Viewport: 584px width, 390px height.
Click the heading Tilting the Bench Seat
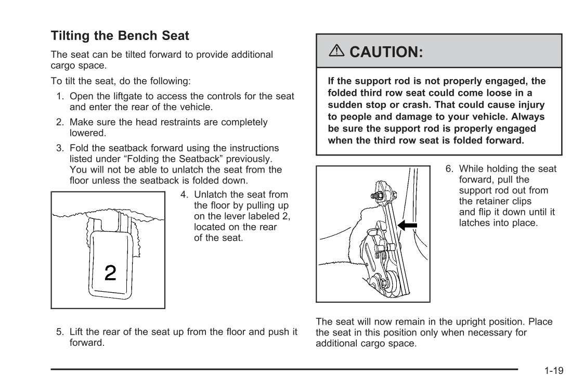click(120, 36)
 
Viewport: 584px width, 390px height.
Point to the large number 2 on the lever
click(110, 272)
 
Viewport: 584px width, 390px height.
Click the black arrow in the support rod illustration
click(407, 225)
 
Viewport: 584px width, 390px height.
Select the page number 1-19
click(554, 371)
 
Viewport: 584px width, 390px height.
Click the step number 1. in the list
click(60, 96)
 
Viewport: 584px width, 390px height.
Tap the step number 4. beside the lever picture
click(184, 194)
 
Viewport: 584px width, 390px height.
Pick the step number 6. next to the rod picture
click(449, 169)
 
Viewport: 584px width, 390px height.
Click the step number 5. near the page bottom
click(60, 332)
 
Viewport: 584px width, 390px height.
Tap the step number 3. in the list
click(60, 148)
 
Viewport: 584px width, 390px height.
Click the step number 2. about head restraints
click(60, 122)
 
